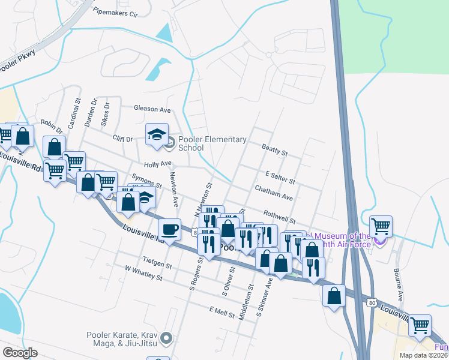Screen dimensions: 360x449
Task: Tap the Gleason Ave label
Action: click(x=152, y=109)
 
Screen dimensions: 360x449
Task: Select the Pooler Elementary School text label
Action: click(x=212, y=143)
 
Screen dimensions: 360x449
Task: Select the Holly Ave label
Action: click(x=158, y=164)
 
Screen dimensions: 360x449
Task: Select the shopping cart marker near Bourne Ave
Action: click(x=381, y=227)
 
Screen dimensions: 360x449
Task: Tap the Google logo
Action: click(x=20, y=353)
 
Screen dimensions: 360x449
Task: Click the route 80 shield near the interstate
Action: click(x=372, y=305)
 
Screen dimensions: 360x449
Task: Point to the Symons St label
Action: click(x=146, y=182)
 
